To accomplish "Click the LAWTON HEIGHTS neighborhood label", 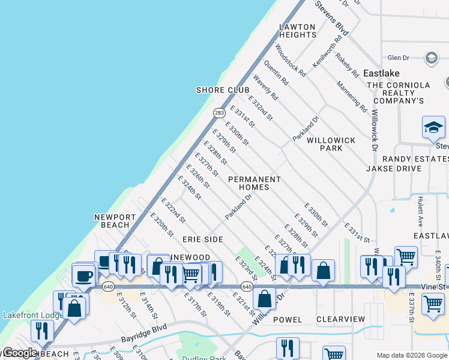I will coord(297,31).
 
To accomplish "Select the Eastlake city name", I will coord(381,73).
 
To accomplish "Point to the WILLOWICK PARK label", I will coord(331,144).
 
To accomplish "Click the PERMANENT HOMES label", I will coord(255,184).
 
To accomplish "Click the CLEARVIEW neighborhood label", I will coord(340,319).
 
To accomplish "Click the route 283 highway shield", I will coord(219,112).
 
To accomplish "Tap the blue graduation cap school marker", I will coord(433,128).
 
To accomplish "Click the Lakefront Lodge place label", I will coord(33,314).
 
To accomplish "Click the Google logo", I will coord(20,353).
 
